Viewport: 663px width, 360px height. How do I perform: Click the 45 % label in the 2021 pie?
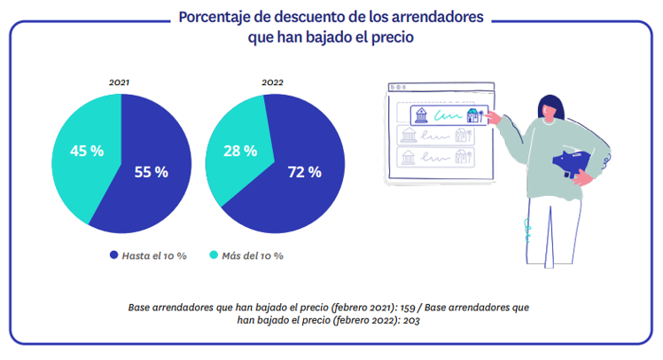click(x=87, y=151)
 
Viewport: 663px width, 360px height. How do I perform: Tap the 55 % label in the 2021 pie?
click(x=151, y=172)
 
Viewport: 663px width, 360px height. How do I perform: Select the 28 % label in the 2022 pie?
click(x=239, y=151)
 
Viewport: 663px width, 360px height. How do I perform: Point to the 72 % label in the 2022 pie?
click(x=304, y=172)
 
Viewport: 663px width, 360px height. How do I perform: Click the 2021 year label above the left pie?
click(x=120, y=82)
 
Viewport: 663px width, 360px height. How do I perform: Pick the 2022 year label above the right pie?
click(x=273, y=82)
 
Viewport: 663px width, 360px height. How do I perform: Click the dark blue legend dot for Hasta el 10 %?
click(x=113, y=255)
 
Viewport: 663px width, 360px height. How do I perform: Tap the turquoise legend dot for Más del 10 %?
click(x=211, y=255)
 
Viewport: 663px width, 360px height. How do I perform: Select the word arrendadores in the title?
click(x=437, y=18)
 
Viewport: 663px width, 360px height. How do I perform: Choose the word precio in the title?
click(x=389, y=38)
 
